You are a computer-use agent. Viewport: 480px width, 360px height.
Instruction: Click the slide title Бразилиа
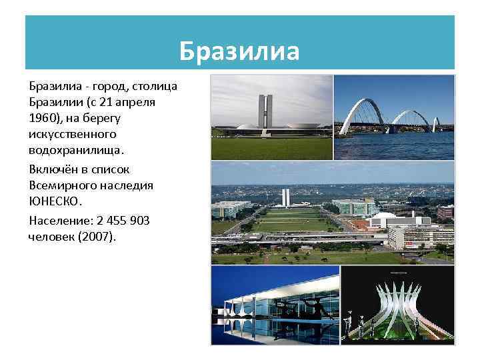point(240,51)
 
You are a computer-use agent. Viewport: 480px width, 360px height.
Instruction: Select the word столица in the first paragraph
point(154,87)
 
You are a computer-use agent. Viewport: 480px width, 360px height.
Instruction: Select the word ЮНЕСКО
point(56,200)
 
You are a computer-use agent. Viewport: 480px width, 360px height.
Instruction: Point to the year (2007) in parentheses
point(96,236)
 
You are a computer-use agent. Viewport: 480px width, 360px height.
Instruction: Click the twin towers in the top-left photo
point(265,110)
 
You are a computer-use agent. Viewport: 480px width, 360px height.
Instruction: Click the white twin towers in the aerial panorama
point(285,197)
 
